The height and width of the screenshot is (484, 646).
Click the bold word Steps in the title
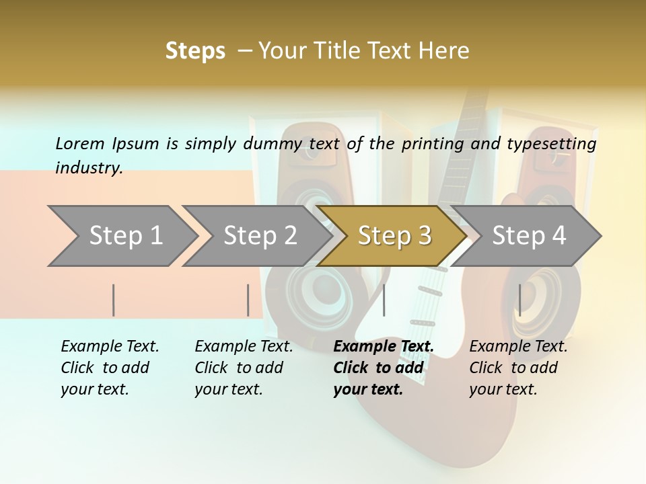coord(195,51)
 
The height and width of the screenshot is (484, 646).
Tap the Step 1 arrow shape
coord(125,236)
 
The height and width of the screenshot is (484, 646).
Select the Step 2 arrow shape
coord(260,236)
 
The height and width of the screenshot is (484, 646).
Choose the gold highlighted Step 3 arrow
coord(394,236)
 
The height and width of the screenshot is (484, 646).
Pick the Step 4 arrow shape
coord(529,236)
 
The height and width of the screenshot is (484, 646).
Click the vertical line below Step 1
coord(114,300)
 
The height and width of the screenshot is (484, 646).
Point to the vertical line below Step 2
coord(248,300)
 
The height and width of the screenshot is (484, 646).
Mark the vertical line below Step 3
coord(384,300)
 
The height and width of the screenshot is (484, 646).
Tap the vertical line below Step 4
coord(519,300)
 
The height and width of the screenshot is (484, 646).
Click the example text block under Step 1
coord(110,368)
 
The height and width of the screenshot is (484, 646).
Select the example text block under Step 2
coord(244,368)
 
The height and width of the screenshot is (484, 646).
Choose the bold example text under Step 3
coord(384,368)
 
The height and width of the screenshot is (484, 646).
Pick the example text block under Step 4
coord(518,368)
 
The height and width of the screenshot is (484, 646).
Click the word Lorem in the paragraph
coord(80,144)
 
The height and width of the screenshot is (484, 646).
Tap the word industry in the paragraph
coord(89,167)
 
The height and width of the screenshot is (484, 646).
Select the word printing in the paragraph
coord(434,144)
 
